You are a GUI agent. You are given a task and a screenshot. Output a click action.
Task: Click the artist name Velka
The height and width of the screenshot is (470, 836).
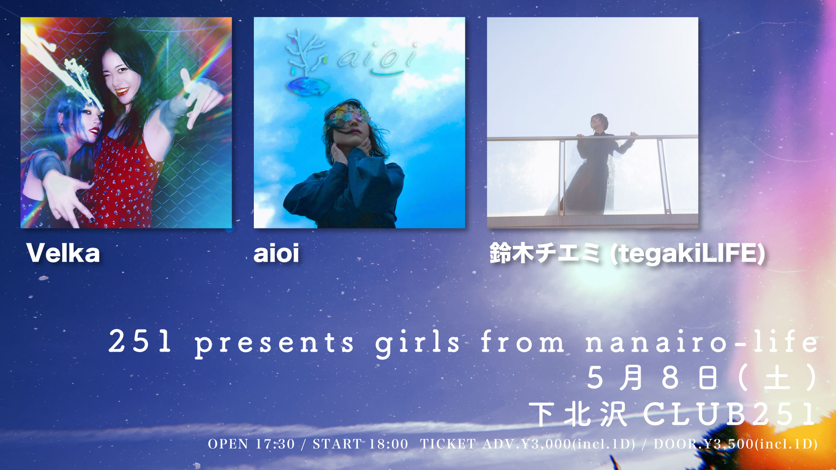(63, 253)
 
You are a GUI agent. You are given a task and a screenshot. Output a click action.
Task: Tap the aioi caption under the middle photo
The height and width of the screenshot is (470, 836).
(276, 253)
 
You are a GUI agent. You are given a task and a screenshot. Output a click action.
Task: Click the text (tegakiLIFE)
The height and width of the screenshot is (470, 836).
(688, 254)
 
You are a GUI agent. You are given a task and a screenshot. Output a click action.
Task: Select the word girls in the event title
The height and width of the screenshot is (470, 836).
(418, 343)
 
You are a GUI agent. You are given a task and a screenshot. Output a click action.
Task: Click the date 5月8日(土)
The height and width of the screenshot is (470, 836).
(702, 377)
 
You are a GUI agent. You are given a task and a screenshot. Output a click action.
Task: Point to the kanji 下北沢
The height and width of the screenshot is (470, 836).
(578, 414)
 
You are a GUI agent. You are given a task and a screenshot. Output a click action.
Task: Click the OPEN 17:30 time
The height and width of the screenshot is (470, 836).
(251, 444)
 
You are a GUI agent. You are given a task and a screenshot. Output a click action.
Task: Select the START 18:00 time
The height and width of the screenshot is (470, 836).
(361, 444)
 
